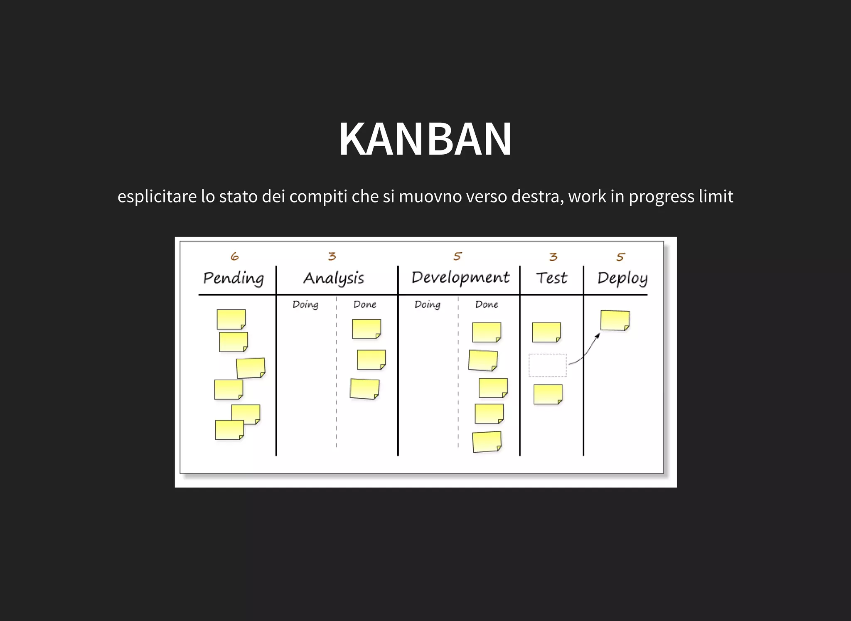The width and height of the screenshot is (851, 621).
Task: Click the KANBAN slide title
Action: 425,139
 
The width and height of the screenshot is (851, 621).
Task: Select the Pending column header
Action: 234,278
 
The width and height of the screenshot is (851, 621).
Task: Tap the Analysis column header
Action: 334,278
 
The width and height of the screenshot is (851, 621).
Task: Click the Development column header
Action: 460,277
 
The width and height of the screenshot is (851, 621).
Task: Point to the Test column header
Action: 551,278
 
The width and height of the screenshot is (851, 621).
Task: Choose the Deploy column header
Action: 622,278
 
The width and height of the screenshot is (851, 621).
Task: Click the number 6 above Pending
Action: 235,256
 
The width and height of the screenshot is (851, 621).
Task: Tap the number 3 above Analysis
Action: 332,256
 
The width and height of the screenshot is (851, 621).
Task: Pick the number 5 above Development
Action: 457,256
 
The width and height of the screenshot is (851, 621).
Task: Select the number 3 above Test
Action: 553,257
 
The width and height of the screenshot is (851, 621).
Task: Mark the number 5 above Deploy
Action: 620,257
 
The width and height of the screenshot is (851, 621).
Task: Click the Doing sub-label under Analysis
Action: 305,305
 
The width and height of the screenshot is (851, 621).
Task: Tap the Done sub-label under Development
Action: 487,305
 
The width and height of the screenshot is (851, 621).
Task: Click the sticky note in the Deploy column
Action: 615,320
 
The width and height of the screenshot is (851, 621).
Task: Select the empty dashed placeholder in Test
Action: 547,365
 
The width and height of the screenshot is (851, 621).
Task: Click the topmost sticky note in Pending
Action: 231,319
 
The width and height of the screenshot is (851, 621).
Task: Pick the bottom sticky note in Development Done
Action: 487,441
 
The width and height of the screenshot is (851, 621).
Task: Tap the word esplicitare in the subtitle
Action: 157,197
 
